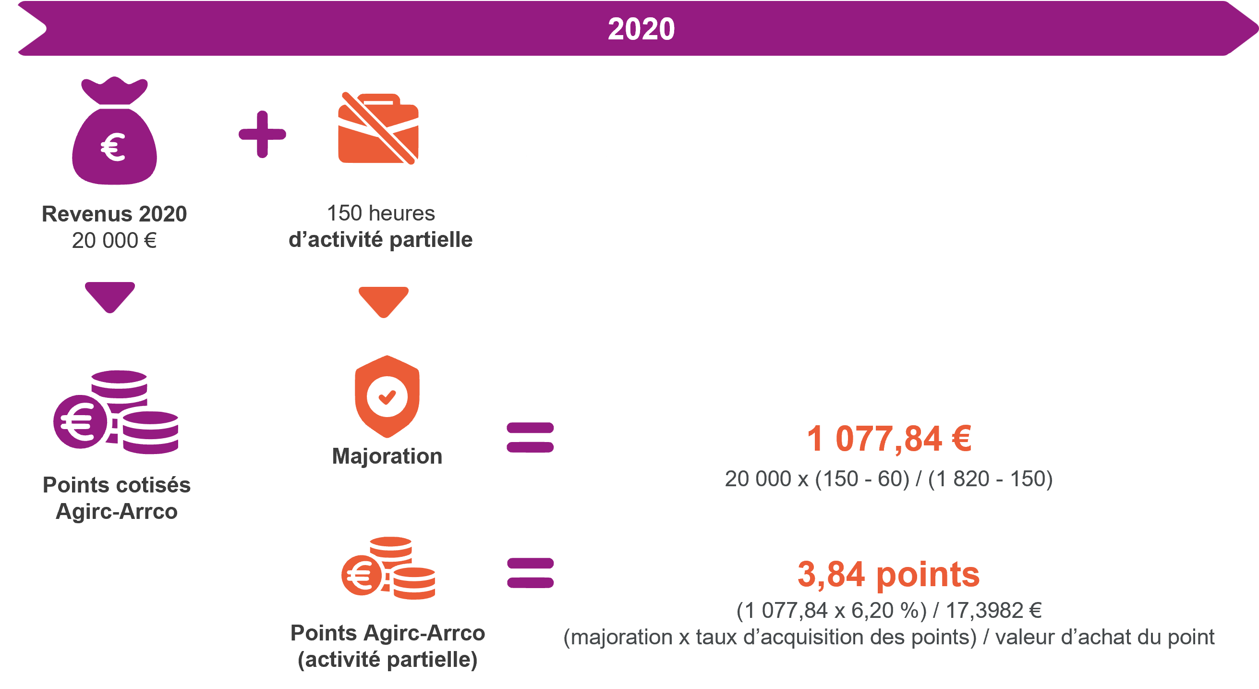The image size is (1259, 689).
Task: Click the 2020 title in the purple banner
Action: (641, 29)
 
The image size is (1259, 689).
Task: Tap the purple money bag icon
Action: (114, 131)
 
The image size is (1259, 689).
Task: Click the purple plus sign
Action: (262, 135)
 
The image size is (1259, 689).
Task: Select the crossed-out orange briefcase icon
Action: (378, 128)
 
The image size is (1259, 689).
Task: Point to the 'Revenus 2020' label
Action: (114, 214)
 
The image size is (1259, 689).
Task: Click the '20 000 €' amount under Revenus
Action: (114, 241)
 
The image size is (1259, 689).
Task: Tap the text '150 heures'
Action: (381, 213)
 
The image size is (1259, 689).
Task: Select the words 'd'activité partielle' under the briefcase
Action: (381, 240)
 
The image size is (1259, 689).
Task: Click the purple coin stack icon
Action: (116, 412)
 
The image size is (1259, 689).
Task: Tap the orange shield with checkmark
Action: (387, 396)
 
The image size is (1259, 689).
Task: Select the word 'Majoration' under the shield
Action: (387, 456)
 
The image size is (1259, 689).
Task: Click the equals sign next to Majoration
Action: (530, 437)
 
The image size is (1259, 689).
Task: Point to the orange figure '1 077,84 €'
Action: (889, 439)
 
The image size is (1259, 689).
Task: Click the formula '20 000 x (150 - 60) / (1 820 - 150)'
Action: (888, 479)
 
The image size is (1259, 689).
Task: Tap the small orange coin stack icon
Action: (388, 568)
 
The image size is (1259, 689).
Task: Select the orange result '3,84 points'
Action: (888, 575)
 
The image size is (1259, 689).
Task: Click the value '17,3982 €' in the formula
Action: (993, 610)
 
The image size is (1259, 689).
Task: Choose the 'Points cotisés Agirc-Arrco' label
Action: (116, 498)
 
